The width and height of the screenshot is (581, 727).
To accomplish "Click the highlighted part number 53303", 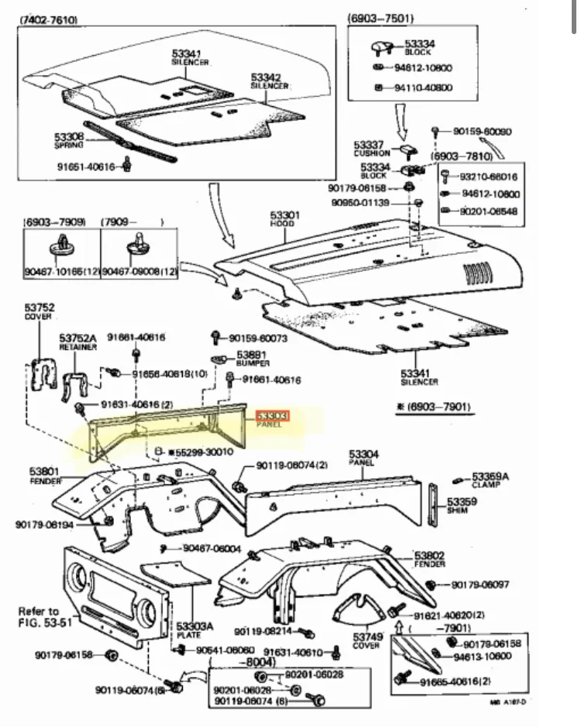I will pos(273,416).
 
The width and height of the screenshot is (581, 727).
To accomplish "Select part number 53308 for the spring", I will pos(69,136).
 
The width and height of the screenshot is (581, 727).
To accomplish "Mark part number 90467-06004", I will pos(212,549).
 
